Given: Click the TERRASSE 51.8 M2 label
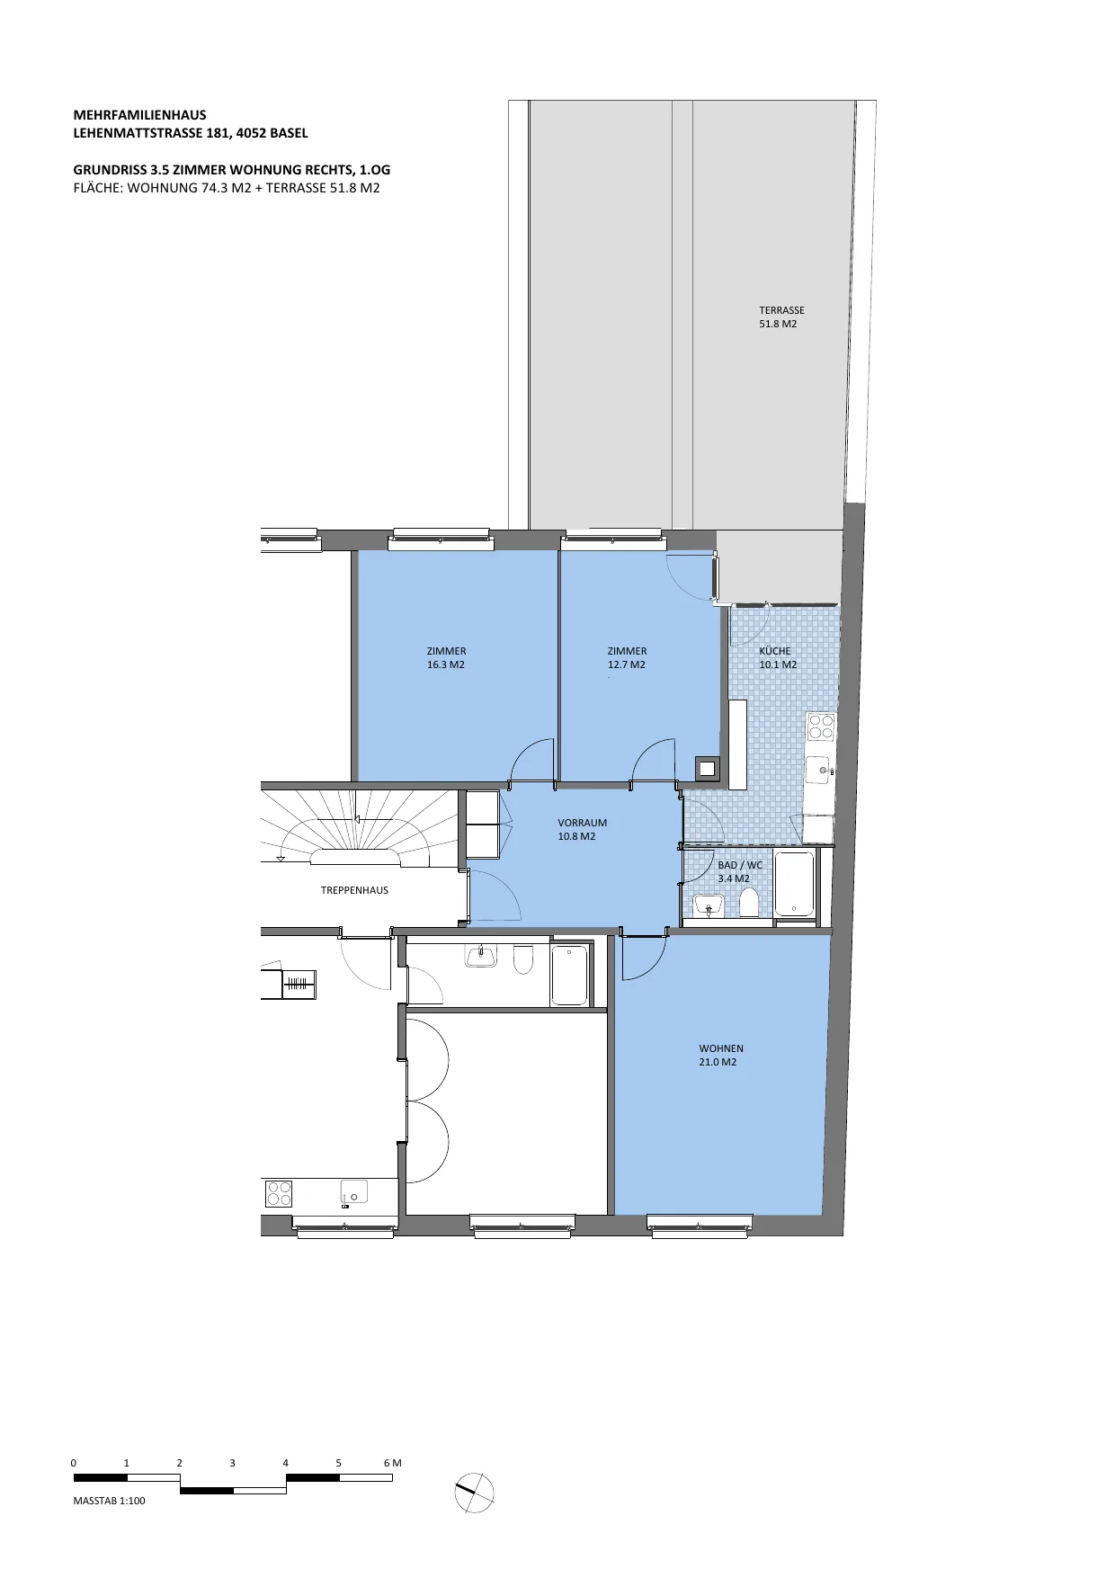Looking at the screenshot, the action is (x=781, y=316).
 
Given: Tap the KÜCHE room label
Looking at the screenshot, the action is (x=775, y=651).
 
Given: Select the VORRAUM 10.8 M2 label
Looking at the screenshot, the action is (x=582, y=829).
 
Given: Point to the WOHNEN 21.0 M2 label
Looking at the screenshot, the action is (x=721, y=1055).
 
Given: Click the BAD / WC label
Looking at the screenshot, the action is (x=740, y=865).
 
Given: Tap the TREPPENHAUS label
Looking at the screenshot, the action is (x=354, y=890).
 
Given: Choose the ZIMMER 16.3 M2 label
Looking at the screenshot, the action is (x=446, y=657).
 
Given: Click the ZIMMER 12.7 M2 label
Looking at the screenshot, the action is (x=627, y=657).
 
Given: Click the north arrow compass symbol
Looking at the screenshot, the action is (x=475, y=1493).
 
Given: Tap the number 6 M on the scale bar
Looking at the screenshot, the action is (x=392, y=1463).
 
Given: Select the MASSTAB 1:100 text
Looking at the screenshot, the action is (x=109, y=1501).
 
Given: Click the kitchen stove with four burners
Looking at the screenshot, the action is (x=821, y=727).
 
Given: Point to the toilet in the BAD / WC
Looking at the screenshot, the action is (x=749, y=902).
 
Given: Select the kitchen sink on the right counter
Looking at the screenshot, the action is (x=819, y=770).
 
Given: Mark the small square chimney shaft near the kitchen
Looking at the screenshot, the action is (x=708, y=769).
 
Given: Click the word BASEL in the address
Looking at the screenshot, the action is (x=289, y=133).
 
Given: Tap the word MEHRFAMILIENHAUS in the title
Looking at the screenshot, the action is (x=139, y=115).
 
